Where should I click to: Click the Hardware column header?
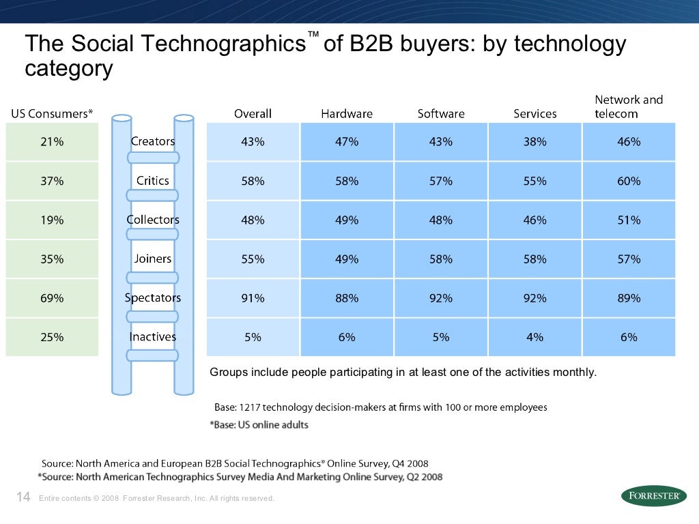point(347,114)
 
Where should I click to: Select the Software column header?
point(441,114)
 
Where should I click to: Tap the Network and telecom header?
point(628,107)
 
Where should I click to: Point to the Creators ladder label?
point(153,141)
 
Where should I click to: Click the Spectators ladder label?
point(153,298)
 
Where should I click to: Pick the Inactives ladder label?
point(153,337)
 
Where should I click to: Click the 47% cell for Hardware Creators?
point(347,142)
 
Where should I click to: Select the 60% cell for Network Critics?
point(629,181)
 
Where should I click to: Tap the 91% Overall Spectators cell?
point(253,298)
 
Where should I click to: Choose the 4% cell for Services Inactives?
point(535,337)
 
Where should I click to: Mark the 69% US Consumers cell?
point(52,298)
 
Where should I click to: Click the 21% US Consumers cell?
point(52,142)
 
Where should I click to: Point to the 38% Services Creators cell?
point(535,142)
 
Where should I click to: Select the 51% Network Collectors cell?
point(629,220)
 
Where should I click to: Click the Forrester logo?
point(654,496)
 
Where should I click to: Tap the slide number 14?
point(23,497)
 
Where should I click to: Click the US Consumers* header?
point(52,114)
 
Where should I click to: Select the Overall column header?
point(253,114)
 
